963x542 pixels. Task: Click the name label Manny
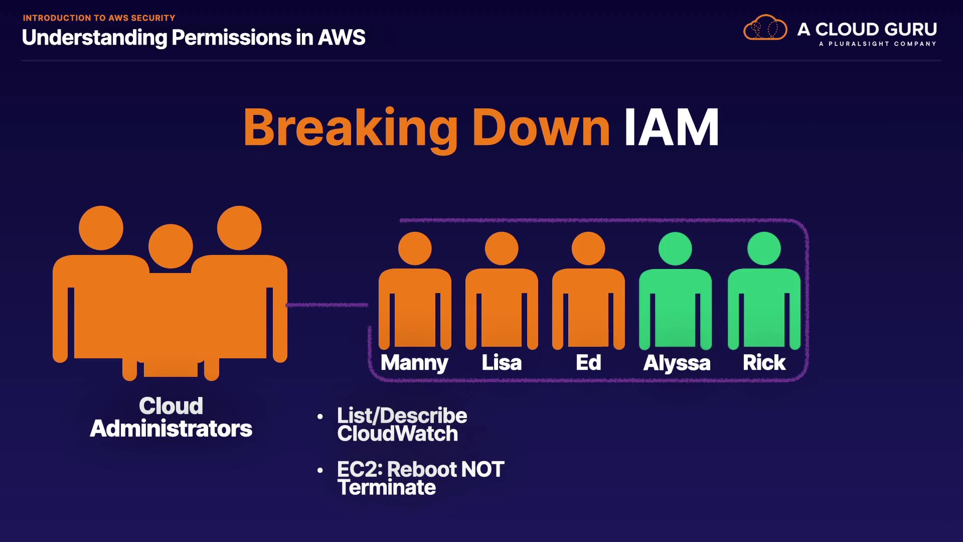pos(414,363)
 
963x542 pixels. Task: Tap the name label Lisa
pos(502,363)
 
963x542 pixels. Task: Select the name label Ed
pos(588,363)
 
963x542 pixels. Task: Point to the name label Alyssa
pos(677,363)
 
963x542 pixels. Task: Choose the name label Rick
pos(764,363)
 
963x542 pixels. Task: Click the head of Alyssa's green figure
pos(675,248)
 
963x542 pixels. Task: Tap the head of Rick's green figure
pos(764,248)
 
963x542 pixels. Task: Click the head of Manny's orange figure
pos(415,248)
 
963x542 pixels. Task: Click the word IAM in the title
pos(671,128)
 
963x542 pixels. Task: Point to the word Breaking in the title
pos(350,128)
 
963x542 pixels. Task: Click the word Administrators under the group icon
pos(171,429)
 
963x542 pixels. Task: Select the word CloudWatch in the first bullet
pos(397,434)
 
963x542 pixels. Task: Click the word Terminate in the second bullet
pos(386,488)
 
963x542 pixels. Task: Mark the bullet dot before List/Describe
pos(320,417)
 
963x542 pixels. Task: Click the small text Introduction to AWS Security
pos(99,18)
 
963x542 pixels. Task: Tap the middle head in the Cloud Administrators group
pos(171,246)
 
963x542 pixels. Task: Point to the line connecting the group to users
pos(327,305)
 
